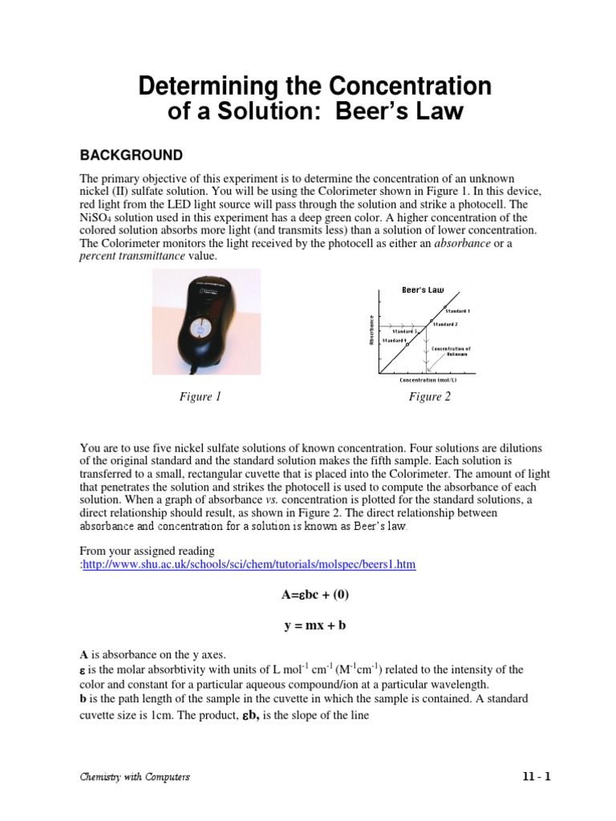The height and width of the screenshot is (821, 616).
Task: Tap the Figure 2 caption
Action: [x=430, y=397]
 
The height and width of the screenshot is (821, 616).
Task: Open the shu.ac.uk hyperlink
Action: [x=249, y=564]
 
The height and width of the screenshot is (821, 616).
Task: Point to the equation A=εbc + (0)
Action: [x=308, y=594]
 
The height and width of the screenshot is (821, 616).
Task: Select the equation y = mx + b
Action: [x=308, y=625]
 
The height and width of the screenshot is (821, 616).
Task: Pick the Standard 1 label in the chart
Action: [x=457, y=310]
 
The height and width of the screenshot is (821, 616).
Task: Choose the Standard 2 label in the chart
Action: [x=445, y=324]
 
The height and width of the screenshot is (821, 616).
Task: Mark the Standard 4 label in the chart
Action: [x=394, y=341]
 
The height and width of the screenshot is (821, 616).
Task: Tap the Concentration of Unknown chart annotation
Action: [x=451, y=351]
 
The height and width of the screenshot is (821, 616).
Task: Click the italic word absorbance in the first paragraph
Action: [x=461, y=243]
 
